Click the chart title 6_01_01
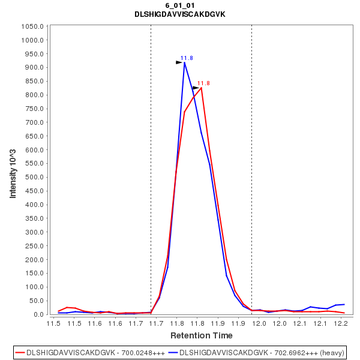pyautogui.click(x=179, y=5)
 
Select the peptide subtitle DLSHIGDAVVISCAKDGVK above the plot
pyautogui.click(x=179, y=14)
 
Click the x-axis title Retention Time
pyautogui.click(x=201, y=335)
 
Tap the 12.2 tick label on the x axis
pyautogui.click(x=341, y=324)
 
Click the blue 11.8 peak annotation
pyautogui.click(x=187, y=58)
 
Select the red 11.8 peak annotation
pyautogui.click(x=203, y=83)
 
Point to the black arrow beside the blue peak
pyautogui.click(x=179, y=62)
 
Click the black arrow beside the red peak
pyautogui.click(x=196, y=88)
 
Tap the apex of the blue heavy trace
pyautogui.click(x=185, y=62)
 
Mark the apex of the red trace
pyautogui.click(x=201, y=88)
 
